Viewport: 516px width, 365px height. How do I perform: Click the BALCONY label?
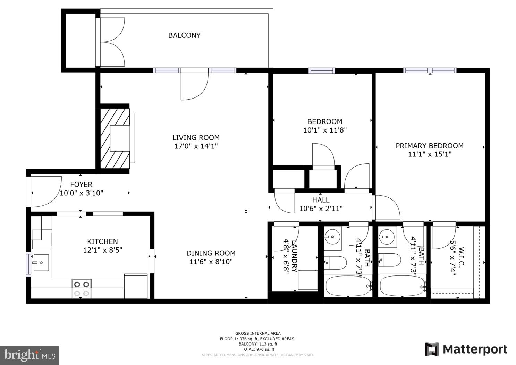[184, 35]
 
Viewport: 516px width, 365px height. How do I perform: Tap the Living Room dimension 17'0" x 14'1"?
[196, 146]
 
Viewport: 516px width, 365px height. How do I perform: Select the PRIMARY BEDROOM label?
[429, 146]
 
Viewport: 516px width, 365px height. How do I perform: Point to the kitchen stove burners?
[82, 289]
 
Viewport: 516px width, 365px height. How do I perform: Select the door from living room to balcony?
[194, 85]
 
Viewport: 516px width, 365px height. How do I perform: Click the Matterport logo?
[466, 349]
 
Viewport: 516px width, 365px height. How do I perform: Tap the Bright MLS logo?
[29, 355]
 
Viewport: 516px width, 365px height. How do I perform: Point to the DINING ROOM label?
[211, 253]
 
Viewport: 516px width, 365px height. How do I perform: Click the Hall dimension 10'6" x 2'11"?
[321, 209]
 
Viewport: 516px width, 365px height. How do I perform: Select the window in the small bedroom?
[322, 71]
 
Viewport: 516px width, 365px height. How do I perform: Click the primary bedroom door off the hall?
[386, 207]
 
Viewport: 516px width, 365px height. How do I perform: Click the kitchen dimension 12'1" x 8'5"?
[102, 250]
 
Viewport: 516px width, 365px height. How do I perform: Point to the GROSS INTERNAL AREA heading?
[258, 333]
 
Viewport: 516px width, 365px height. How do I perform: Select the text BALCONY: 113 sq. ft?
[258, 344]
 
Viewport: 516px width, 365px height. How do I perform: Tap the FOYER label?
[81, 185]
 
